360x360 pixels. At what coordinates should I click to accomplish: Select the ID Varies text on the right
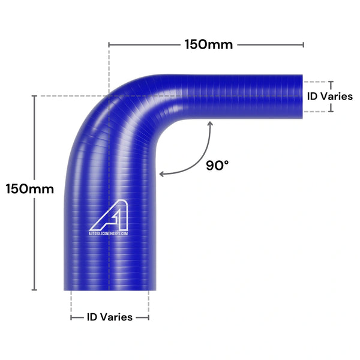pos(329,96)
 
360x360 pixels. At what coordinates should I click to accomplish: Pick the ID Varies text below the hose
pos(110,317)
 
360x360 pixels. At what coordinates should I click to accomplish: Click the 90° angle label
pos(217,165)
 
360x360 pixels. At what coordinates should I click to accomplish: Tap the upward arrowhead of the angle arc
pos(209,124)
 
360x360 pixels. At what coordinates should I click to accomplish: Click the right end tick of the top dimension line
pos(303,44)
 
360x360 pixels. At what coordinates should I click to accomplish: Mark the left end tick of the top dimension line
pos(109,44)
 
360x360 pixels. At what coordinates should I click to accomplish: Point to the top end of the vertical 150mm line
pos(34,96)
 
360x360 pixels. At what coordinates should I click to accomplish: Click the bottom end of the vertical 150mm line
pos(34,290)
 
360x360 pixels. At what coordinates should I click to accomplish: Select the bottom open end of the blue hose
pos(110,288)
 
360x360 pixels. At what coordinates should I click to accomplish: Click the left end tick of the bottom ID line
pos(71,317)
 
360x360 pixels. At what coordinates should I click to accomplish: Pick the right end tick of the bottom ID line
pos(149,317)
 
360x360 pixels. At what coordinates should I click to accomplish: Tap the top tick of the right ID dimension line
pos(329,81)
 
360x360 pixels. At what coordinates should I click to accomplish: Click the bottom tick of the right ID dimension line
pos(329,112)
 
